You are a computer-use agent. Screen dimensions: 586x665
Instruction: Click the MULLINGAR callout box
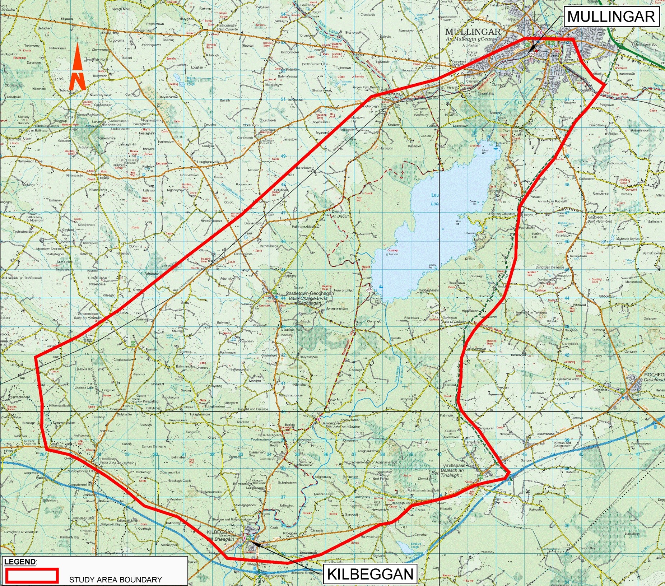coord(611,17)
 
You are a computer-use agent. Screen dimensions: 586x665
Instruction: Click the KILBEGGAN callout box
coord(370,574)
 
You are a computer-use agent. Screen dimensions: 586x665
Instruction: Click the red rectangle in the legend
coord(32,576)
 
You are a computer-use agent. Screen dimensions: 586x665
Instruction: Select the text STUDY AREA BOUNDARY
coord(115,580)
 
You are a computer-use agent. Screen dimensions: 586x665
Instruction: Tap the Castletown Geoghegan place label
coord(309,293)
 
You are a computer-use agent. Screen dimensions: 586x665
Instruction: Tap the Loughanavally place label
coord(208,162)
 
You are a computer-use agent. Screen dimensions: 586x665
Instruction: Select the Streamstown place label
coord(88,314)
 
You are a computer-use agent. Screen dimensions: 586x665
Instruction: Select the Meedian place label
coord(502,387)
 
